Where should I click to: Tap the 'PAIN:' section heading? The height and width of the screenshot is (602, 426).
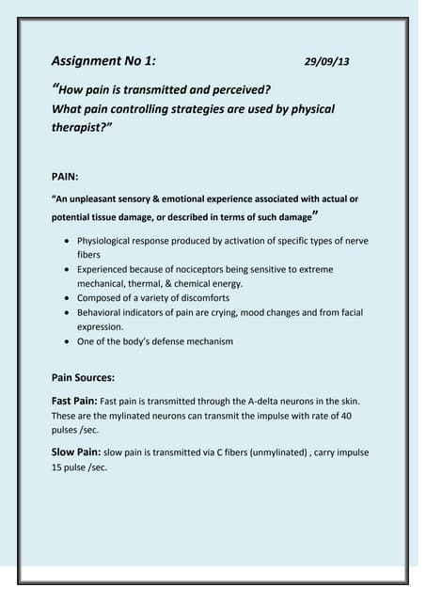point(69,175)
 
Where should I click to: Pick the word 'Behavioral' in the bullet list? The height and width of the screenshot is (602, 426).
point(102,311)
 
